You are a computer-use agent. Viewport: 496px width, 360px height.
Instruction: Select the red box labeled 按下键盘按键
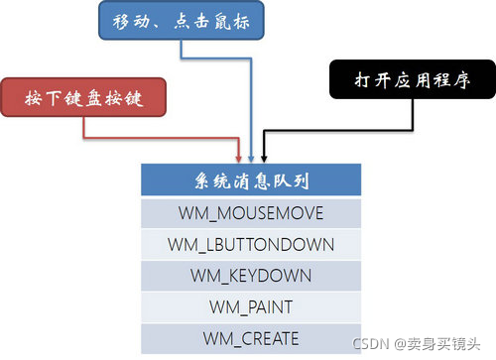tap(82, 97)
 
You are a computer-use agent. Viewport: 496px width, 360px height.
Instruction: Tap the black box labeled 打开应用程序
tap(410, 82)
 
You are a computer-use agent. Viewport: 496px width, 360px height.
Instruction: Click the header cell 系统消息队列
tap(250, 180)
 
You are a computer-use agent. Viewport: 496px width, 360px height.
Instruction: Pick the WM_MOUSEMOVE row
tap(250, 212)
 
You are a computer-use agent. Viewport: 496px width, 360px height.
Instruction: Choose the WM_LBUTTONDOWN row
tap(250, 243)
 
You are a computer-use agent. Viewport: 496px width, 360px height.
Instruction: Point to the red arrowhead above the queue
tap(241, 159)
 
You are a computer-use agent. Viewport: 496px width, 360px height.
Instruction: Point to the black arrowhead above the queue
tap(263, 159)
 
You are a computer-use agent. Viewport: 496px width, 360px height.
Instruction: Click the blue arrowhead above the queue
tap(252, 159)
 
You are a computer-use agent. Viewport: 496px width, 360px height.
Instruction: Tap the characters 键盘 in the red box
tap(82, 97)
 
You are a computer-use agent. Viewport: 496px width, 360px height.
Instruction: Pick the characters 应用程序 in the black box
tap(425, 82)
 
